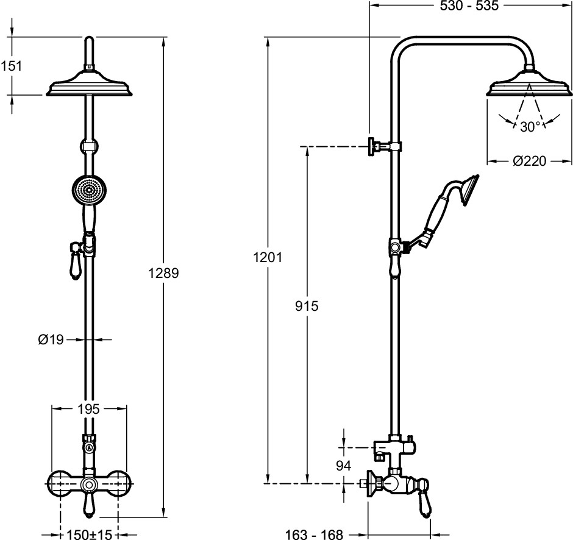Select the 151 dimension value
click(x=11, y=66)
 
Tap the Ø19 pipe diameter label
click(x=51, y=340)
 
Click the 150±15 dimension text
click(x=89, y=535)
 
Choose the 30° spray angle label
click(x=531, y=126)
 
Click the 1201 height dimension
click(x=267, y=257)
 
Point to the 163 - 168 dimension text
click(x=315, y=535)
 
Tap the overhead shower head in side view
click(x=529, y=85)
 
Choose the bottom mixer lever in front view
click(x=89, y=506)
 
